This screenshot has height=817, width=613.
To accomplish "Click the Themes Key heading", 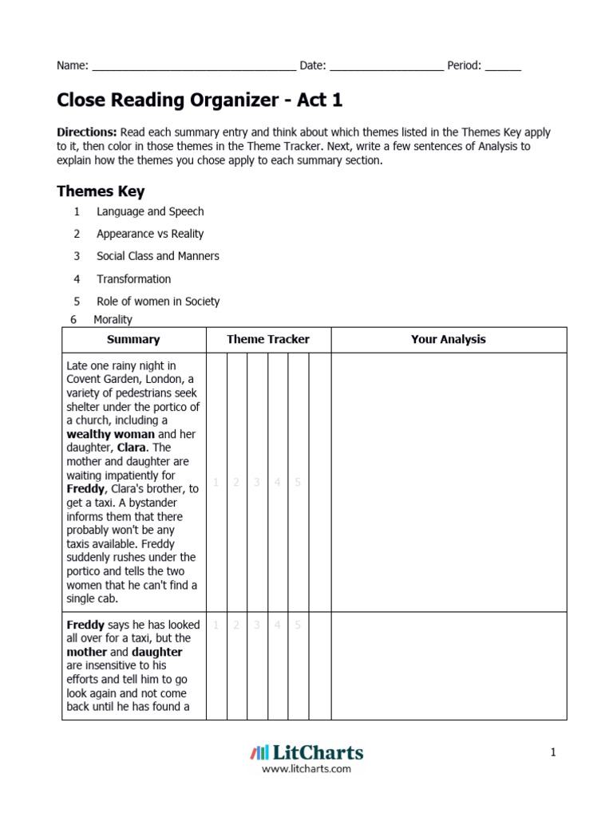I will pyautogui.click(x=101, y=191).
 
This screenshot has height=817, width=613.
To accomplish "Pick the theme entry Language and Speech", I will pyautogui.click(x=150, y=211).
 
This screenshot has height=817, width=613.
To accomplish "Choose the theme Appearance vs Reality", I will pyautogui.click(x=150, y=234).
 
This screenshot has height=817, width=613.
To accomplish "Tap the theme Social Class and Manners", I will pyautogui.click(x=157, y=256).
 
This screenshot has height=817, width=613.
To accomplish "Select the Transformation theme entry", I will pyautogui.click(x=133, y=279).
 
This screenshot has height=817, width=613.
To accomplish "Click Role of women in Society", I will pyautogui.click(x=158, y=302).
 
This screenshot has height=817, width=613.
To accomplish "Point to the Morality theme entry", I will pyautogui.click(x=113, y=319).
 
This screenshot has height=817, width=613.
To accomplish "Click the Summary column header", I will pyautogui.click(x=133, y=339).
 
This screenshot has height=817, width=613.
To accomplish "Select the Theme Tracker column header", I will pyautogui.click(x=268, y=339).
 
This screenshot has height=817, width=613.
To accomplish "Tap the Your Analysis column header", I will pyautogui.click(x=448, y=339).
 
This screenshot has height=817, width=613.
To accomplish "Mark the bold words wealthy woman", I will pyautogui.click(x=111, y=434).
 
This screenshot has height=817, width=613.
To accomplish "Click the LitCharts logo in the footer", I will pyautogui.click(x=306, y=752).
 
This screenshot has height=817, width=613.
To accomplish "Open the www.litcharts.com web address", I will pyautogui.click(x=306, y=769).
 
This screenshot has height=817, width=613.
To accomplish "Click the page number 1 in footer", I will pyautogui.click(x=552, y=752).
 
